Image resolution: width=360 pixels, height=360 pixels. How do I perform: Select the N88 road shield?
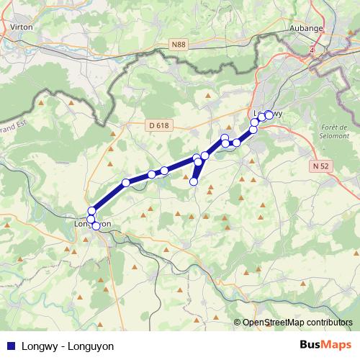coord(179,45)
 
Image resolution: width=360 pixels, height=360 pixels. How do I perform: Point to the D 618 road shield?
coord(159,125)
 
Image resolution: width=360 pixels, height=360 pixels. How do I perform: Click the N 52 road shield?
coord(320,166)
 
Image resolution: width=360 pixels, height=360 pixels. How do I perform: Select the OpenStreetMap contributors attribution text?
coord(297,323)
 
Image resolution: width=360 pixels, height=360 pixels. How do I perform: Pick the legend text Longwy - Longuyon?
coord(68,346)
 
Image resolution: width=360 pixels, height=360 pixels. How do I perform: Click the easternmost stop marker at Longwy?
coord(269,114)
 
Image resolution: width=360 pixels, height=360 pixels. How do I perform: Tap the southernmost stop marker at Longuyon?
coord(96,226)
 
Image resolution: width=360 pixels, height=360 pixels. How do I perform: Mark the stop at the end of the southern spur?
coord(193,181)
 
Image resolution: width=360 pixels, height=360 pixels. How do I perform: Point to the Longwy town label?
coord(269,114)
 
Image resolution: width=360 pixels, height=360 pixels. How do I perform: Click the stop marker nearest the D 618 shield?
coord(165,171)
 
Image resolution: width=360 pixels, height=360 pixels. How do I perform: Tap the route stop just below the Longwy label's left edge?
coord(254,123)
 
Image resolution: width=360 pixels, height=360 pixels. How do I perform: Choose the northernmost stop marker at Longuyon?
coord(91,210)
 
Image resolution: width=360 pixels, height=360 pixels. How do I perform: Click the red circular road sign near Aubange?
coord(312,50)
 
